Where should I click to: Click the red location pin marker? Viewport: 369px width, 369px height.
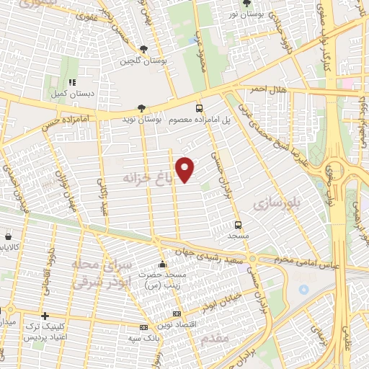186,169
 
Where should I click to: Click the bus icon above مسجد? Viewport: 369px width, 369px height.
238,223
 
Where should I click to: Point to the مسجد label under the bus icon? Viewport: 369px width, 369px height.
238,236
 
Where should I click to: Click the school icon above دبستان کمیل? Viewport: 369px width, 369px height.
71,83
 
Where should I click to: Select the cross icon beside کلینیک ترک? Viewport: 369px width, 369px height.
45,316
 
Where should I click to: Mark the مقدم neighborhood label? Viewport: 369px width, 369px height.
215,337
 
